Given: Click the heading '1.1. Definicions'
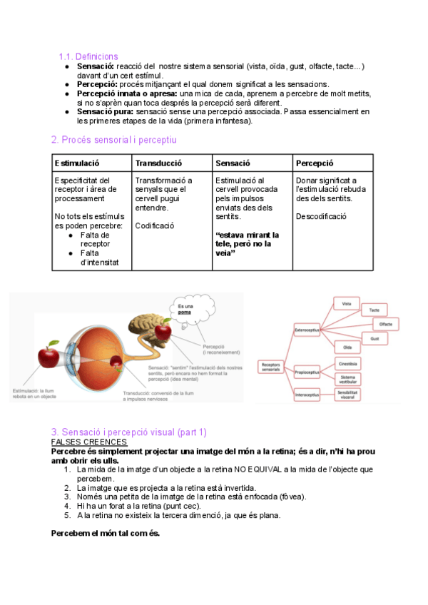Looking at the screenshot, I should point(88,56).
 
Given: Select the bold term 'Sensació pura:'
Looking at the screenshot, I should point(105,111).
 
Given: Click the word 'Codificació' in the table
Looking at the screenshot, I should point(155,225).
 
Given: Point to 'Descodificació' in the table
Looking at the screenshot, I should point(321,216).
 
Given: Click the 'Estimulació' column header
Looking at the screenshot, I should point(77,163).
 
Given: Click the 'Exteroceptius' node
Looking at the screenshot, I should point(310,331).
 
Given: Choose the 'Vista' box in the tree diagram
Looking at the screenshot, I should point(346,304).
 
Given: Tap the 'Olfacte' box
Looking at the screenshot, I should point(386,323).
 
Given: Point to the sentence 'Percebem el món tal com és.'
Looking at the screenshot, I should point(106,533).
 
